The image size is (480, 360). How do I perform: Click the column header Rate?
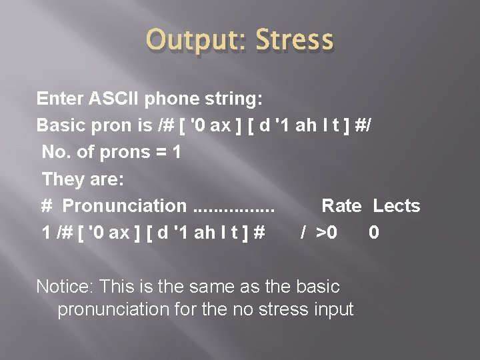pyautogui.click(x=341, y=206)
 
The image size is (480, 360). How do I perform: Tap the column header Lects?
pyautogui.click(x=396, y=206)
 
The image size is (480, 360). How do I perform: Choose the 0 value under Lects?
pyautogui.click(x=374, y=233)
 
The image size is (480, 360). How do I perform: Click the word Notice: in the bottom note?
pyautogui.click(x=65, y=287)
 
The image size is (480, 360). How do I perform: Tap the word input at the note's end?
pyautogui.click(x=331, y=310)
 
